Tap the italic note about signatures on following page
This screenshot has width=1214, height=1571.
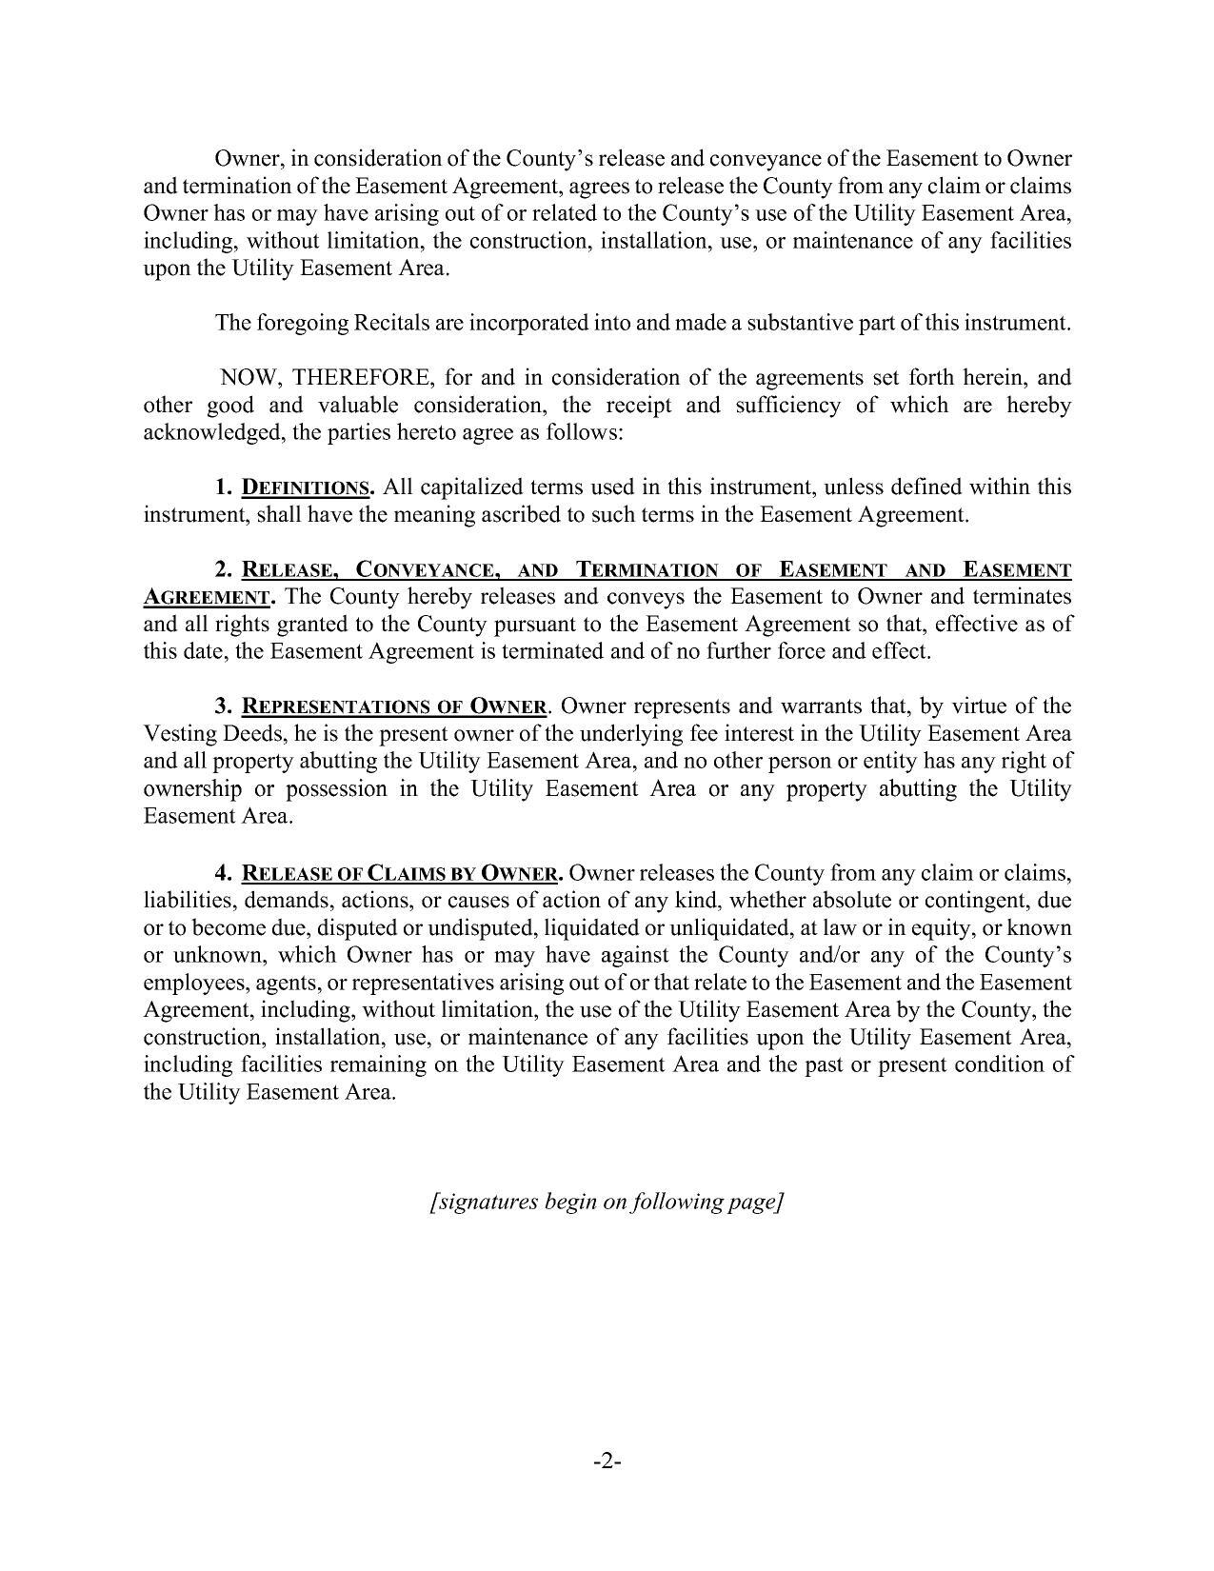[607, 1202]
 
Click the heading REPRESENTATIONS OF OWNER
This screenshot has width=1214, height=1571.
[395, 707]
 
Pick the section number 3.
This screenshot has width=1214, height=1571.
[224, 706]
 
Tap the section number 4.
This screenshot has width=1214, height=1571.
[224, 873]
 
